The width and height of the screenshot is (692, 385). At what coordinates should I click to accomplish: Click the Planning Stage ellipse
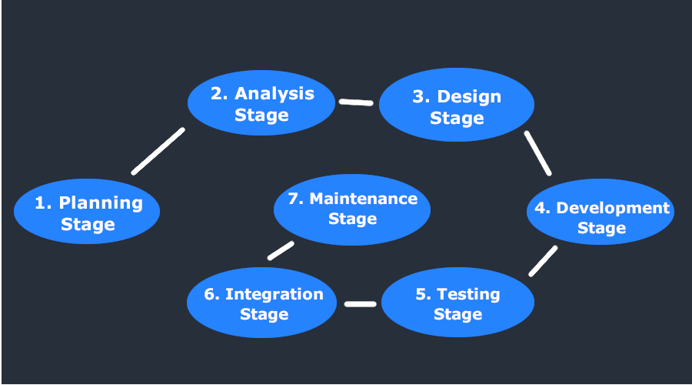(87, 213)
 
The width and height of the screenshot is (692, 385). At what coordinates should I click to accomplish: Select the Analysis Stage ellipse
(262, 104)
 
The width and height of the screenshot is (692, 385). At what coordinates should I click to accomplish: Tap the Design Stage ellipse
(457, 106)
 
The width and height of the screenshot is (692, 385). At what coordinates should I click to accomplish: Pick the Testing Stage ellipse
(457, 304)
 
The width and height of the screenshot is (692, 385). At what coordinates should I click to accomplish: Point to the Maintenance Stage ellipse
(352, 209)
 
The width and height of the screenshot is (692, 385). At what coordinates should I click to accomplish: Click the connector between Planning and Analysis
(158, 151)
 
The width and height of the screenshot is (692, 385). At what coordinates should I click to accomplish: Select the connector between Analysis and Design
(356, 102)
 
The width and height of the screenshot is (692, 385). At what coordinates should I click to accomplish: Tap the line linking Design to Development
(538, 152)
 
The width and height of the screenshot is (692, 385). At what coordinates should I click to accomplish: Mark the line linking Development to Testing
(543, 261)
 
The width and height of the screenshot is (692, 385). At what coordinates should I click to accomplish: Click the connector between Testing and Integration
(360, 304)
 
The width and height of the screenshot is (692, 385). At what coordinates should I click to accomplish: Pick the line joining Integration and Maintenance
(281, 251)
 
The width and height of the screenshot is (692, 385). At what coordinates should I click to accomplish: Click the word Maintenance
(363, 199)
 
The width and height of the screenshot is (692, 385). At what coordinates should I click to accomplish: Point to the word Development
(613, 208)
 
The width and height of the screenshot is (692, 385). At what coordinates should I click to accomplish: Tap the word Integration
(274, 294)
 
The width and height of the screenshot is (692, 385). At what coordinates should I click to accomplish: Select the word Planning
(101, 203)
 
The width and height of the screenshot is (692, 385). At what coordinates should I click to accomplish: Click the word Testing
(468, 294)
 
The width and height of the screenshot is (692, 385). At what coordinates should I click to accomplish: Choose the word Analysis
(274, 93)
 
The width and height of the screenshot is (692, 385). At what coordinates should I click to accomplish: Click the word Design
(468, 96)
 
